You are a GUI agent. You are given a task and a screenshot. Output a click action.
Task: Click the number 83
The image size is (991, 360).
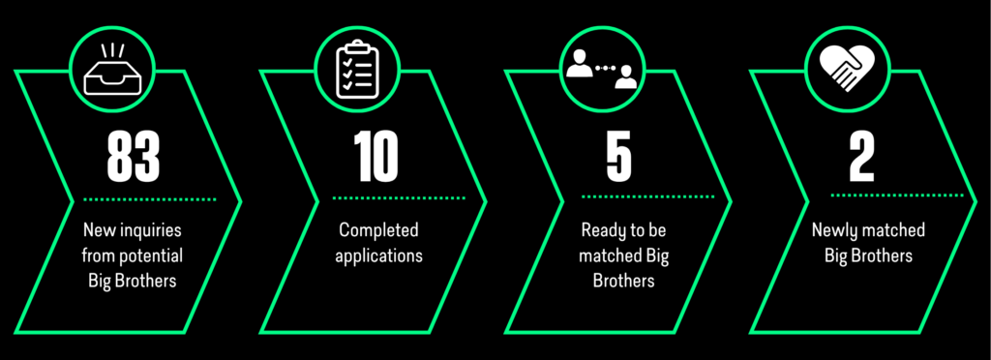(x=134, y=156)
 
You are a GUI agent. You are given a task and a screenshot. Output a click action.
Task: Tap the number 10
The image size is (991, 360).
(x=376, y=156)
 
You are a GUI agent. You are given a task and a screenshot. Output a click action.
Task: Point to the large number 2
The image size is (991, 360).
(x=861, y=156)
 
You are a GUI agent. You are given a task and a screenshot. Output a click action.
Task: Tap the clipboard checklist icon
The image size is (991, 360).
(x=357, y=70)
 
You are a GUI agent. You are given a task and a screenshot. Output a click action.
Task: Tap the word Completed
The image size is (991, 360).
(x=378, y=231)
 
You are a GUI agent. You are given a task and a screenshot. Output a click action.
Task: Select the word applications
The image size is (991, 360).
(x=378, y=256)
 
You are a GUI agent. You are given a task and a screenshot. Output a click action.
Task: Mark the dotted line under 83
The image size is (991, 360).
(x=150, y=199)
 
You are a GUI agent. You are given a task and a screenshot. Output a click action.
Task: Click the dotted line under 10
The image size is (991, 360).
(x=399, y=198)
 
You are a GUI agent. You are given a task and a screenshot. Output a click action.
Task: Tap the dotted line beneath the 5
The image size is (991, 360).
(x=647, y=197)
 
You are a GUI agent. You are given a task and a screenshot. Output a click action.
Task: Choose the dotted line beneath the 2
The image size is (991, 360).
(x=897, y=195)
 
